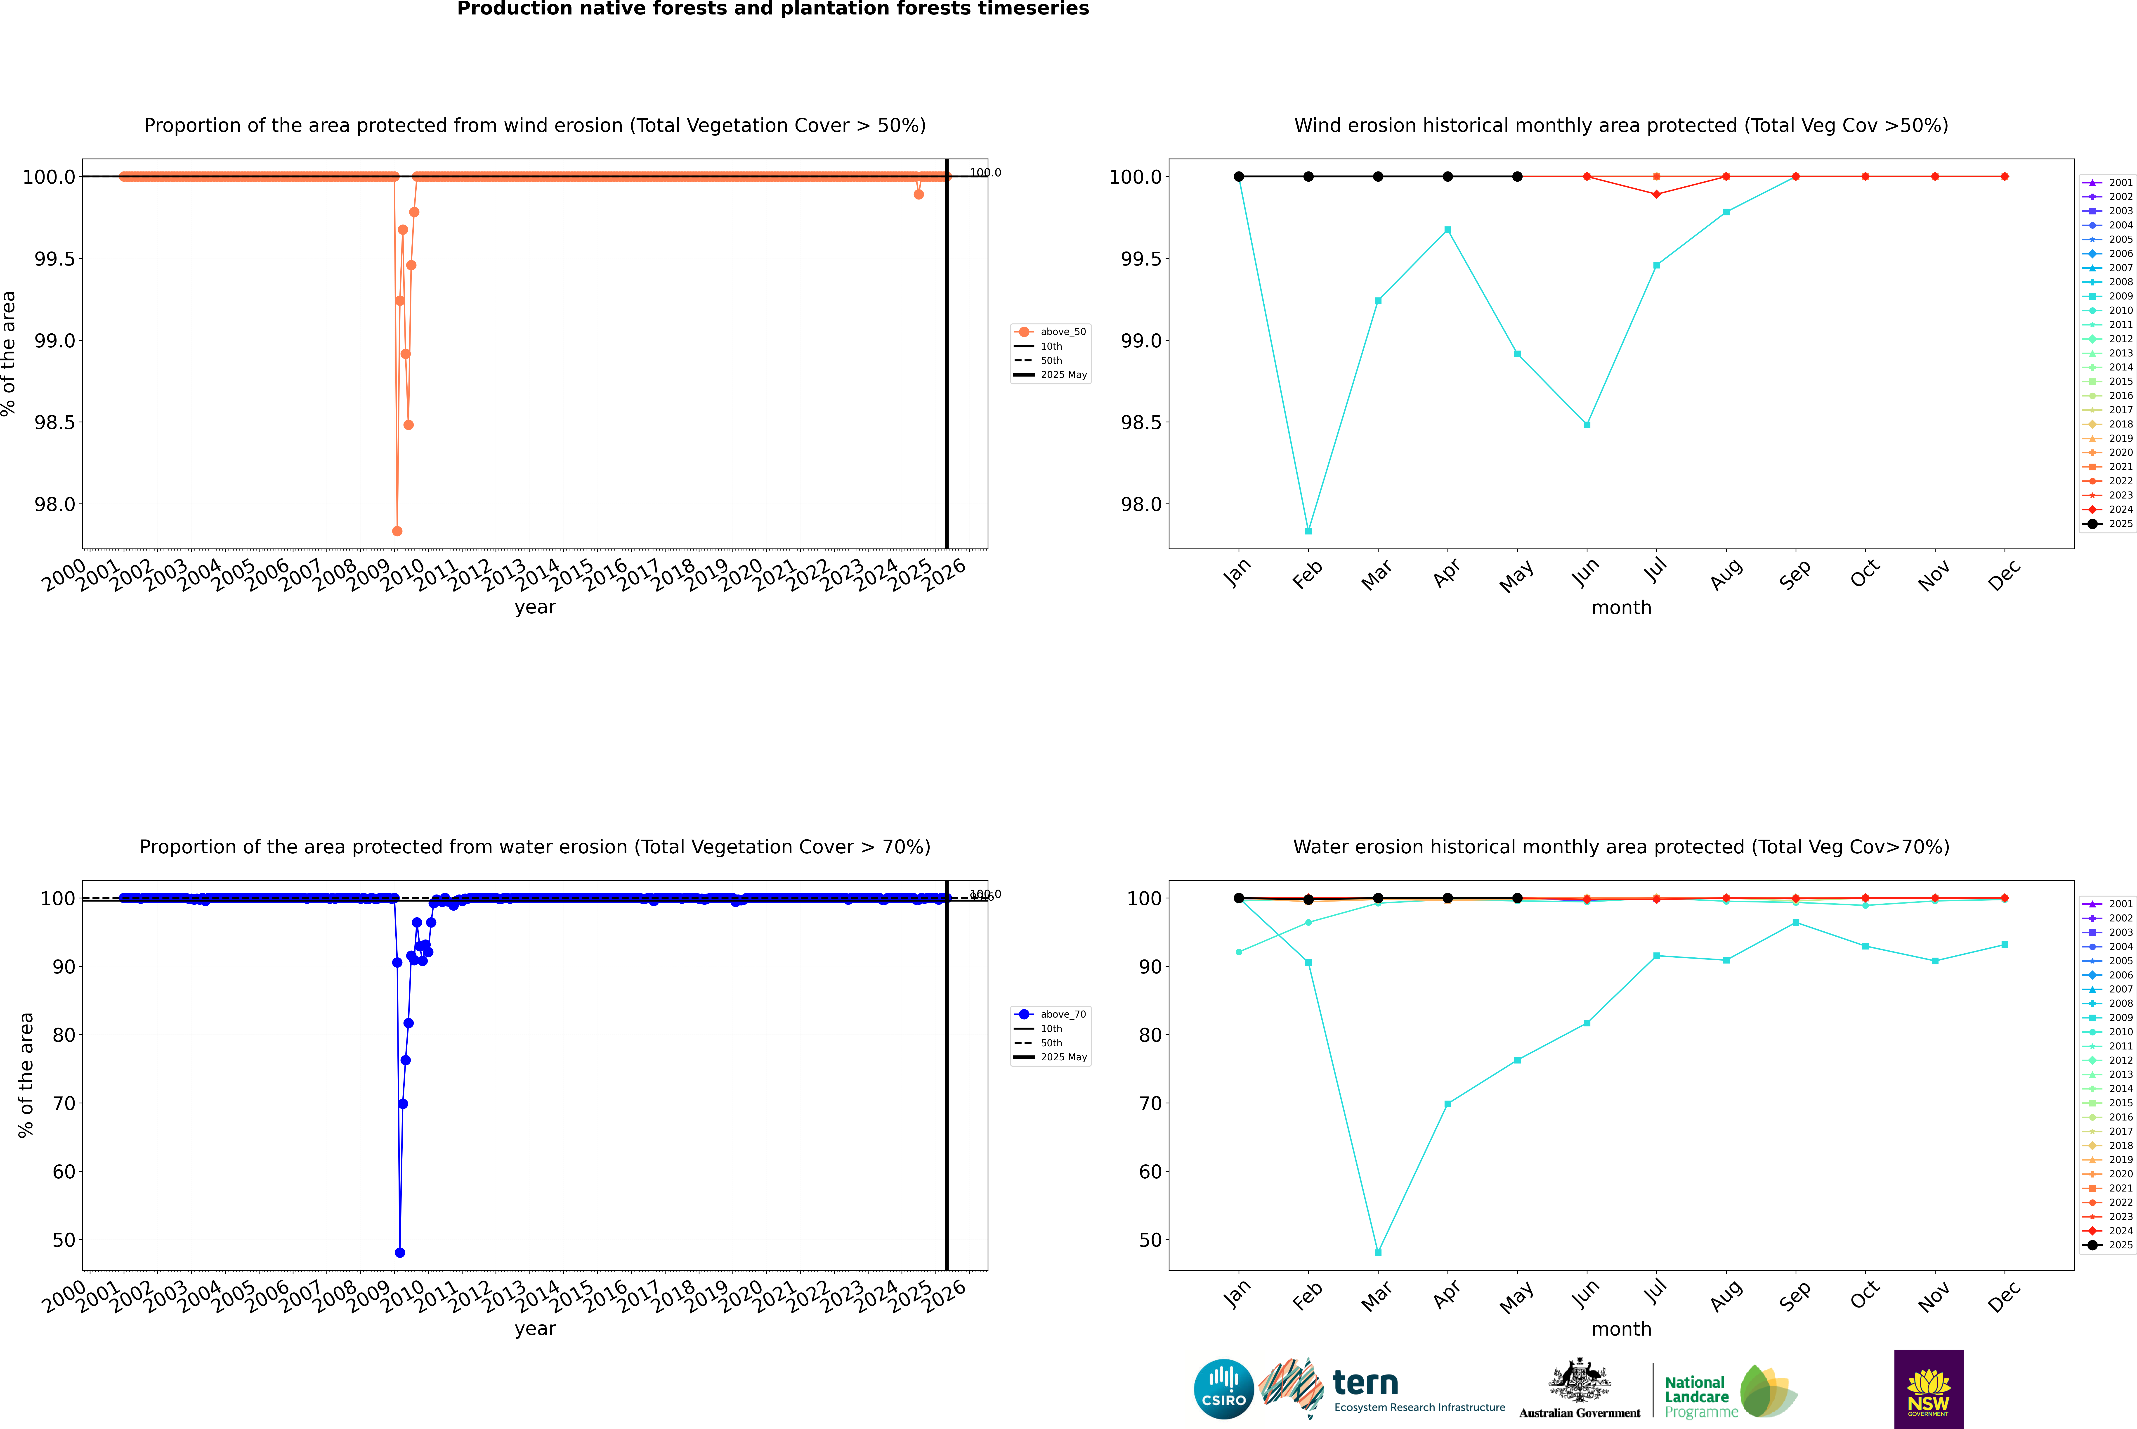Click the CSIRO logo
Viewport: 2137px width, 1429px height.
pyautogui.click(x=1223, y=1389)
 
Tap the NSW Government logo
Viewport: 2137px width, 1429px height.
pyautogui.click(x=1928, y=1389)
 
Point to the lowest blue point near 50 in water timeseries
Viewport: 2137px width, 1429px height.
pyautogui.click(x=400, y=1252)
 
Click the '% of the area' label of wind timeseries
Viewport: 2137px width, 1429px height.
pyautogui.click(x=9, y=354)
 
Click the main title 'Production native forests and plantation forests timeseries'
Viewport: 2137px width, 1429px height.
pyautogui.click(x=772, y=9)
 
